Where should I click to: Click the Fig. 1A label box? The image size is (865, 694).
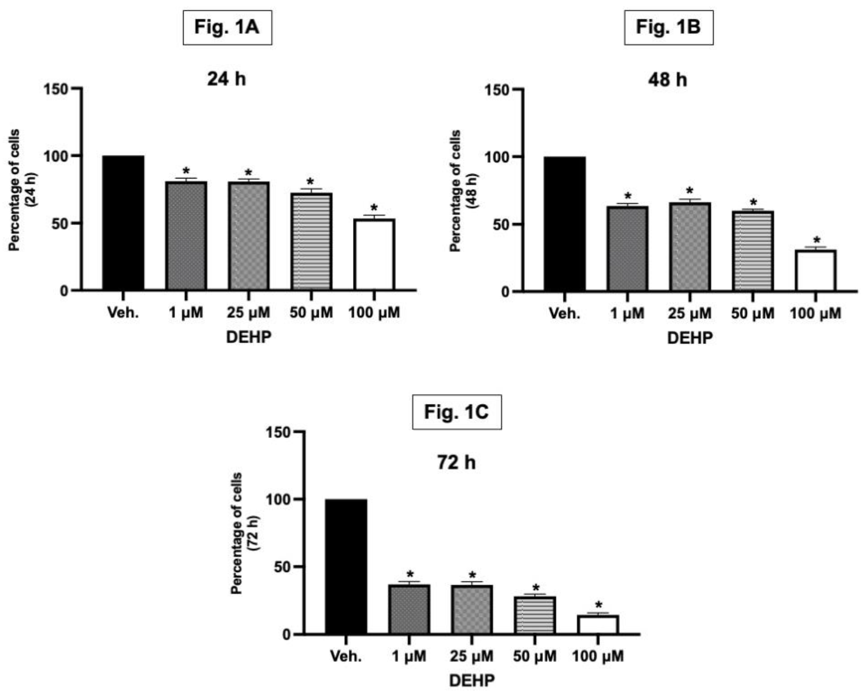(227, 27)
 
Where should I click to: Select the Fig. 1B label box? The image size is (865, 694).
(668, 27)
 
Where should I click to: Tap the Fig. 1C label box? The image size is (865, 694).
(457, 412)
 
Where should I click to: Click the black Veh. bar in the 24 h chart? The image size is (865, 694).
(123, 223)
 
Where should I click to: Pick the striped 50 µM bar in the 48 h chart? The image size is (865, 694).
(753, 251)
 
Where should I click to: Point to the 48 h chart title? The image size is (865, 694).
(668, 80)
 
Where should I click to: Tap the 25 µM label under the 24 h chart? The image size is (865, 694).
(248, 313)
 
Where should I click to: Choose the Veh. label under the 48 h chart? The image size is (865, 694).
(565, 313)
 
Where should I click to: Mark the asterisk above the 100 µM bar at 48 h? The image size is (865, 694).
(816, 241)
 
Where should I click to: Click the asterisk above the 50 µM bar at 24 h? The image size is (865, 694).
(310, 182)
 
